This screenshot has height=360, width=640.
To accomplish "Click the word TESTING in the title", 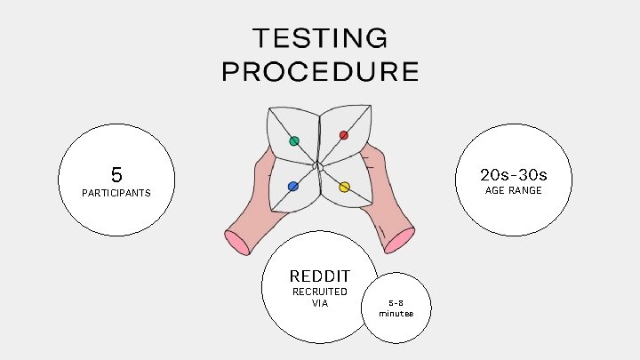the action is (x=320, y=38).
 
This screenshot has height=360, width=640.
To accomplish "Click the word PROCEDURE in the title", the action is (x=320, y=71).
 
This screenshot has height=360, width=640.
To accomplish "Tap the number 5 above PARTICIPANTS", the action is (x=116, y=174).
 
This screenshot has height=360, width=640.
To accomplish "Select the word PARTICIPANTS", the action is (x=116, y=193).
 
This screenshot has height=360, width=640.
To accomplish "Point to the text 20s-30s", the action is (x=513, y=173).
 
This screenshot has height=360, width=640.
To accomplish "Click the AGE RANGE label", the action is (x=513, y=190).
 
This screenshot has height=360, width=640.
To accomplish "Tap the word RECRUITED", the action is (x=320, y=292).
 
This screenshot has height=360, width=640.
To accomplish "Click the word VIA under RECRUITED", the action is (x=320, y=303).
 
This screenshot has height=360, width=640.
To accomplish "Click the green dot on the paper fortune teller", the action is (x=294, y=140).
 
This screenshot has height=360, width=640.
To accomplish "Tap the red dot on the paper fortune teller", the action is (x=344, y=135).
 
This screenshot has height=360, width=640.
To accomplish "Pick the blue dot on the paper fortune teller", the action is (x=292, y=186).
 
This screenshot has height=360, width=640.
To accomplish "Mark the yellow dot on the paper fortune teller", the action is (x=344, y=188).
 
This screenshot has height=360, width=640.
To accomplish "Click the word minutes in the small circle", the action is (x=396, y=313).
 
